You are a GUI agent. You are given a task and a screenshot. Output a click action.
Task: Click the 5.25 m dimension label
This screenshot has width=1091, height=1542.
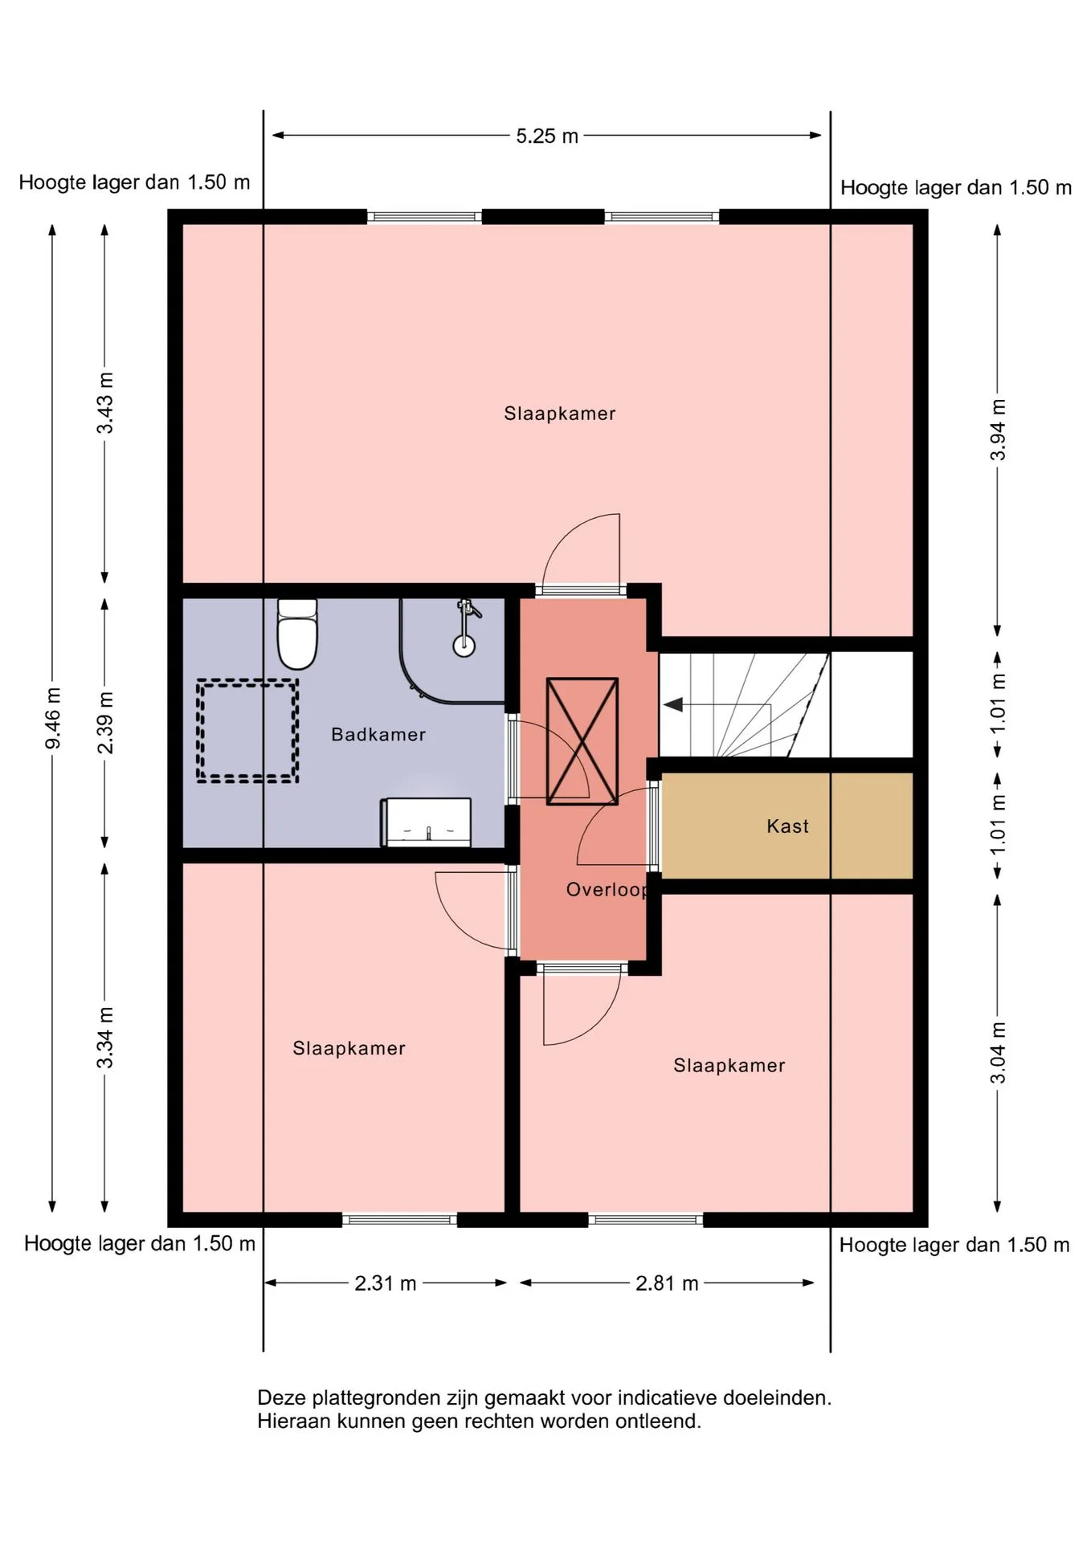click(x=547, y=136)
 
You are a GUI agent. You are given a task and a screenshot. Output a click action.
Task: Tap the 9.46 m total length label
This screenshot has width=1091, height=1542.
click(x=53, y=718)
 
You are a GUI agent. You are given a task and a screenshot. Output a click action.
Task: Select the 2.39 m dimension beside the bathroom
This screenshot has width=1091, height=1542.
click(x=105, y=722)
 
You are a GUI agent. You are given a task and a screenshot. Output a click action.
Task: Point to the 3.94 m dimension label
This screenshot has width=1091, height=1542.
click(x=997, y=430)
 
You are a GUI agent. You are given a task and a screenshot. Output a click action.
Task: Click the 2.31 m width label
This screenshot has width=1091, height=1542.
click(x=386, y=1283)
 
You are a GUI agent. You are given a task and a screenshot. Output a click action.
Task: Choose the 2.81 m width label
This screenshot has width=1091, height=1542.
click(x=667, y=1283)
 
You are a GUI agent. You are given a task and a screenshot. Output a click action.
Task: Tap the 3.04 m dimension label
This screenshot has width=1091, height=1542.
click(x=997, y=1052)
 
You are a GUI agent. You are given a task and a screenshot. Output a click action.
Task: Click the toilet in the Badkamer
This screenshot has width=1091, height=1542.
click(x=297, y=634)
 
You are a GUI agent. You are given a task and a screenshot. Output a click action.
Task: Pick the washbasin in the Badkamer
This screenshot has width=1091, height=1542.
click(x=426, y=822)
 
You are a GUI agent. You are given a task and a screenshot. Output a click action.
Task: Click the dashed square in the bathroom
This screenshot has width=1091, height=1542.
click(x=247, y=730)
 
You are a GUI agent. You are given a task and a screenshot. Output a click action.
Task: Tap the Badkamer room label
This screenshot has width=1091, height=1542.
click(x=378, y=734)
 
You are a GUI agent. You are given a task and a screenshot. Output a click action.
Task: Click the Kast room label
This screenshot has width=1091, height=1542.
click(x=787, y=826)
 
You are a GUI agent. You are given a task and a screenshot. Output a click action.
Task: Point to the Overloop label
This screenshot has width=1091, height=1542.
click(x=607, y=890)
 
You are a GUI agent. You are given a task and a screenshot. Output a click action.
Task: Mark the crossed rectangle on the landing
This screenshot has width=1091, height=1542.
click(x=582, y=740)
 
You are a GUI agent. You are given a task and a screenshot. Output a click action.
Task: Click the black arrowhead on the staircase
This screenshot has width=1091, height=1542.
click(x=673, y=704)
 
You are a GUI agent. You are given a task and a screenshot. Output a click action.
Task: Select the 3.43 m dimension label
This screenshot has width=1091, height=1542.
click(x=105, y=402)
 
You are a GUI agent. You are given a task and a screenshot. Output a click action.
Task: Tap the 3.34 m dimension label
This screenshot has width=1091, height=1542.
click(x=105, y=1038)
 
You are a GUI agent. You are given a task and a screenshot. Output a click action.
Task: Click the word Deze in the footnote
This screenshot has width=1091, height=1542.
click(x=281, y=1397)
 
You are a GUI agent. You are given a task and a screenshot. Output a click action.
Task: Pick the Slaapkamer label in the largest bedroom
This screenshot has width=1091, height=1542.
click(x=560, y=414)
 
